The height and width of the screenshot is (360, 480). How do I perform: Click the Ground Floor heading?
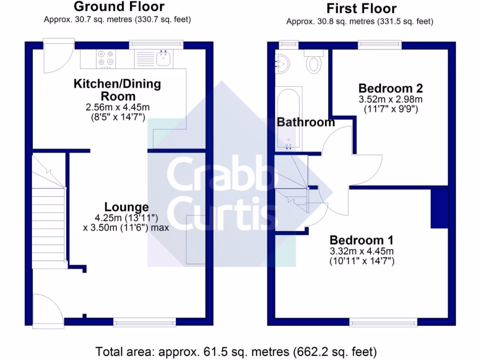tap(119, 7)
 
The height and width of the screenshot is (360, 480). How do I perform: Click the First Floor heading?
tap(361, 8)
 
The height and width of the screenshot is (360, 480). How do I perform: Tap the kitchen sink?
tap(164, 59)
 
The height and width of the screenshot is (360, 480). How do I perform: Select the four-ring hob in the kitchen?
tap(106, 58)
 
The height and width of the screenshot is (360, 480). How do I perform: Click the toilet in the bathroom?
tap(313, 63)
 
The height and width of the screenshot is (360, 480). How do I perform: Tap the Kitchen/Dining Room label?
tap(117, 90)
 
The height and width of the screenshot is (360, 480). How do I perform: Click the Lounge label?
tap(127, 207)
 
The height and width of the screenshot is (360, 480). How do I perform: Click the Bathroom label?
tap(306, 122)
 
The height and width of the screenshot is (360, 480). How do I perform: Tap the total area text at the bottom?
tap(236, 351)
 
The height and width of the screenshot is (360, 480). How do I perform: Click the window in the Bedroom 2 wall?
tap(380, 45)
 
